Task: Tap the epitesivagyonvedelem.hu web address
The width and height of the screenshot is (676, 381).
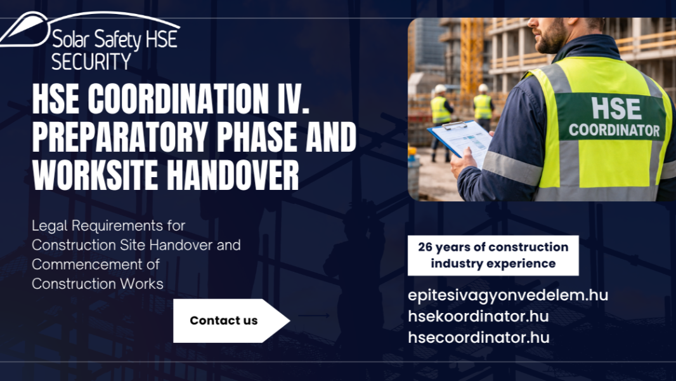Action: pos(508,295)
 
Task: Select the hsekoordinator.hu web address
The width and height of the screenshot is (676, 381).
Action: pos(478,316)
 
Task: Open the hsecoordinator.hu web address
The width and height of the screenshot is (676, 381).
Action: pos(479,337)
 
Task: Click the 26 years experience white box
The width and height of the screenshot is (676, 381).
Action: pos(493,255)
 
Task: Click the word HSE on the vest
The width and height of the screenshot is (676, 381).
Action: pos(616,109)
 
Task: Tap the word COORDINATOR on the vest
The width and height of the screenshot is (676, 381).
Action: pos(614,130)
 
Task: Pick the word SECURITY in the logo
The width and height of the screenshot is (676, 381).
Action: pos(91,61)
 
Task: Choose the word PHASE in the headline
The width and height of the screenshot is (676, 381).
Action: pos(257,137)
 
